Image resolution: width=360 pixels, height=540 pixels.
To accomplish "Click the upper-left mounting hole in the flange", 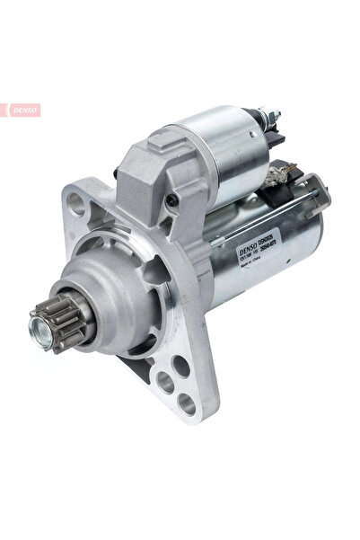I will (x=77, y=204).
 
